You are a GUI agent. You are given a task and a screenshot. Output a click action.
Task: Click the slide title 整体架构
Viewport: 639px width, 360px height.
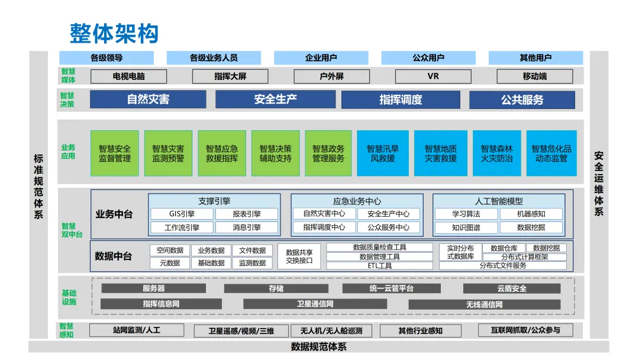[x=114, y=33]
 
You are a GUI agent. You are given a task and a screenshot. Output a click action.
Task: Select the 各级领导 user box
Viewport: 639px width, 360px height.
[x=106, y=58]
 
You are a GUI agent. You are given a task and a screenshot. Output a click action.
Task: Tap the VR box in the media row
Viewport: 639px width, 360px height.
[x=433, y=76]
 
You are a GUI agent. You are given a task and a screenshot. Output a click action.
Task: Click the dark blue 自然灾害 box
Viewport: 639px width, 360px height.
[x=148, y=99]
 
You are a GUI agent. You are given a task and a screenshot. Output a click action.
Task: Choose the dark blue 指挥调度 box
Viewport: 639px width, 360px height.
[x=401, y=99]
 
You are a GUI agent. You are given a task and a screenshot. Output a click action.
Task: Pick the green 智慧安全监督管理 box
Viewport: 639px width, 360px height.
[x=115, y=153]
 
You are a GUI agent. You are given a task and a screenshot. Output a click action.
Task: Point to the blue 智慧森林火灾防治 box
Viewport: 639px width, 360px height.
[x=496, y=153]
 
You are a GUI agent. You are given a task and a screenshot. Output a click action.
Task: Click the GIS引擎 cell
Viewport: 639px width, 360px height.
[x=182, y=214]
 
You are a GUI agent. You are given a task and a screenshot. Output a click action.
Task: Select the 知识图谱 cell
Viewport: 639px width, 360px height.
[x=466, y=227]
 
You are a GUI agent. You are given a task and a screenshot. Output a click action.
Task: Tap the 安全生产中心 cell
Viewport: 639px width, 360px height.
[x=388, y=214]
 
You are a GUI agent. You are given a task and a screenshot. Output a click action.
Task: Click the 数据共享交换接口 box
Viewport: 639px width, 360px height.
[x=299, y=256]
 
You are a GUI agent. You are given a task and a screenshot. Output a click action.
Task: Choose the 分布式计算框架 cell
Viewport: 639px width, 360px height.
[x=525, y=257]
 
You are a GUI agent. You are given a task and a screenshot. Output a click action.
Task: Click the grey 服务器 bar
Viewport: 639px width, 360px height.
[x=154, y=288]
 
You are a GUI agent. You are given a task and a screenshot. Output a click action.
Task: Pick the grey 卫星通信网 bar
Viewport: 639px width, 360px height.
[x=315, y=304]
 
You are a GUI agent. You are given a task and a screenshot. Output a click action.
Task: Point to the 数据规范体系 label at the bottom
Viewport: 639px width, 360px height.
[x=319, y=347]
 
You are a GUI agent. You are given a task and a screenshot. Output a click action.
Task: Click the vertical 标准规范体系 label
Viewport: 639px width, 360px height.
[x=38, y=187]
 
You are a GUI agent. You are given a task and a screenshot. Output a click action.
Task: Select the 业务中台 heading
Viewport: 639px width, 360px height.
[x=114, y=214]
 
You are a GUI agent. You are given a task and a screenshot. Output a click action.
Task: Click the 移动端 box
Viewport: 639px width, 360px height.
[x=534, y=76]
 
